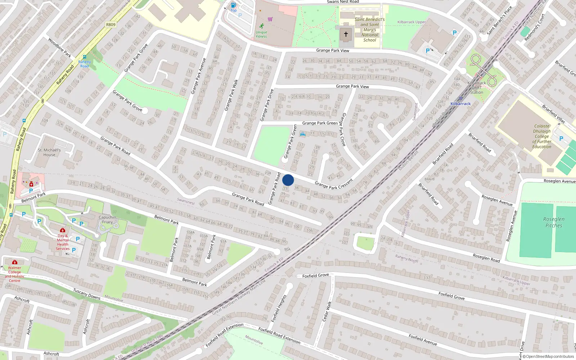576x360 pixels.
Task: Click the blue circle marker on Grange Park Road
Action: coord(288,180)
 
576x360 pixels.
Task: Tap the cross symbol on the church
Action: coord(346,34)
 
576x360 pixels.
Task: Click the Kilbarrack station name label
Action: coord(460,104)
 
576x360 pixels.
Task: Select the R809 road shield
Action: coord(111,25)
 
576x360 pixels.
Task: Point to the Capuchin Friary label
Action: coord(107,220)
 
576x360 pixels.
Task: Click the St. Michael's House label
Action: coord(49,152)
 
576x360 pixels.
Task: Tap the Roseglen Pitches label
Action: coord(554,222)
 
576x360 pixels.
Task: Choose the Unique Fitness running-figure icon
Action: coord(262,26)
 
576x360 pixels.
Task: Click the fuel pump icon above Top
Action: coord(233,5)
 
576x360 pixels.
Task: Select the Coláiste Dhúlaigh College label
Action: coord(542,136)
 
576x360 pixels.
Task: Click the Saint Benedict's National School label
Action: coord(370,30)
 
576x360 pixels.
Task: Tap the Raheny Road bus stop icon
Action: coord(84,57)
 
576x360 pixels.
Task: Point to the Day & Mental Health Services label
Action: coord(63,242)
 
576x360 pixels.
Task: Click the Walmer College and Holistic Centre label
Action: coord(14,274)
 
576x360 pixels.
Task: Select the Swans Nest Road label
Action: coord(343,2)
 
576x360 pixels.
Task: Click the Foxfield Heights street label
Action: coord(279,308)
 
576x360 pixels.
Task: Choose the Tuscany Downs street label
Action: coord(87,294)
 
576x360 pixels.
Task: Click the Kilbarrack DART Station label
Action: coord(477,87)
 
